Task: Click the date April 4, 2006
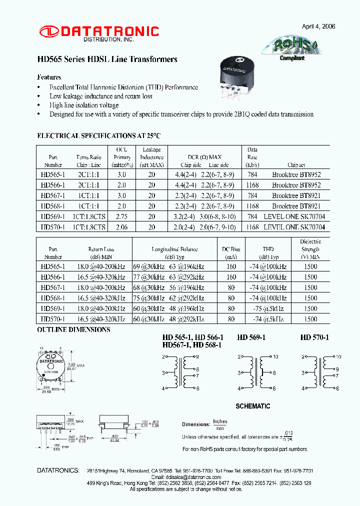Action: (x=318, y=26)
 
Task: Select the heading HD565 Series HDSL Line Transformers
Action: (x=107, y=59)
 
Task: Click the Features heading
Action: (x=49, y=77)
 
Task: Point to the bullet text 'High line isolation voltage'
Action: (x=84, y=105)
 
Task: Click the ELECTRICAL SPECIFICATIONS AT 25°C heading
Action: (x=99, y=135)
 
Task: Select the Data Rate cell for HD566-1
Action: (x=252, y=185)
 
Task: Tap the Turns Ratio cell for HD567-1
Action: (x=88, y=195)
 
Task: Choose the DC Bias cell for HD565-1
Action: (x=231, y=266)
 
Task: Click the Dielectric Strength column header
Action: (x=310, y=249)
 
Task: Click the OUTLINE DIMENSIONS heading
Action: (x=73, y=330)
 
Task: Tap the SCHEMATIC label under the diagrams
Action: (x=252, y=406)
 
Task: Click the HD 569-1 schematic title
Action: (x=251, y=337)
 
